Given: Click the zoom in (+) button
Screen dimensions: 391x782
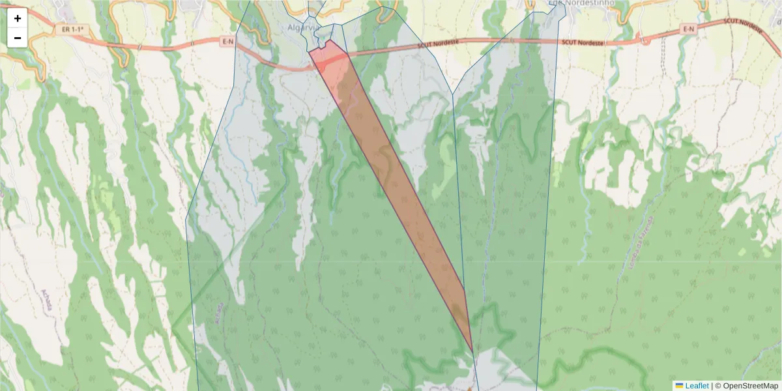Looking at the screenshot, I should (x=18, y=18).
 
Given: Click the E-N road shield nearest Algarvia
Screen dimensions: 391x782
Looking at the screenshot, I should (x=227, y=42).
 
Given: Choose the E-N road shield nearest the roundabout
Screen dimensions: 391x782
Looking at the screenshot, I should (x=688, y=29).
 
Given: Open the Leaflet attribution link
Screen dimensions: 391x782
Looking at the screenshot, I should (x=696, y=385).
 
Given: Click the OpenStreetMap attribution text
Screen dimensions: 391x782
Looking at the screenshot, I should (x=746, y=385).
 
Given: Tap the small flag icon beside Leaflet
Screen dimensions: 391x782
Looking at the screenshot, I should (x=679, y=385).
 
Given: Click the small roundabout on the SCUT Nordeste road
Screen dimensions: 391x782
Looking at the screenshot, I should (x=645, y=40).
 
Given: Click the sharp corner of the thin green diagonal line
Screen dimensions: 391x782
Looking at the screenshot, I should (x=173, y=330).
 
